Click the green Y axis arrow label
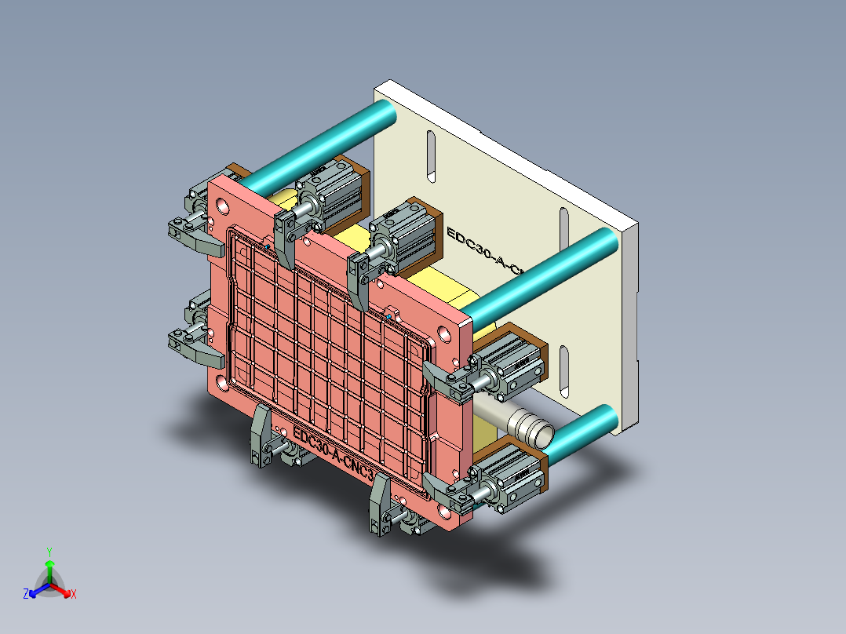49,552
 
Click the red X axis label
73,595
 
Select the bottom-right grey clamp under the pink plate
381,504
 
